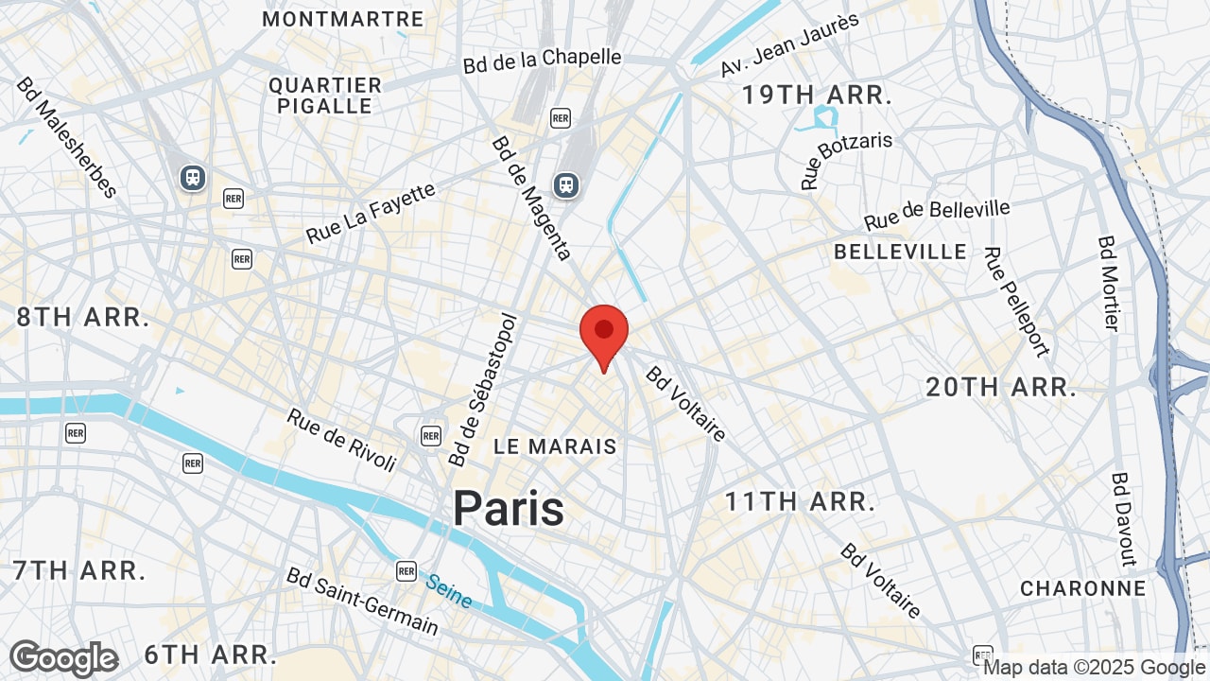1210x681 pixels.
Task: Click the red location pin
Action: click(604, 334)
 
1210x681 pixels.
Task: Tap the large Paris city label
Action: click(509, 508)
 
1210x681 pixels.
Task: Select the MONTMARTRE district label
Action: click(343, 19)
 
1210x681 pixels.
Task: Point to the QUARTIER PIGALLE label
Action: click(325, 96)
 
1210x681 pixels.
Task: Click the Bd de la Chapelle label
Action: click(543, 61)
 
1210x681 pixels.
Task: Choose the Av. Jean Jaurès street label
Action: click(789, 45)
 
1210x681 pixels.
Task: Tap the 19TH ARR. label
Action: click(817, 95)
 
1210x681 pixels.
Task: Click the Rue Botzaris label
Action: click(847, 161)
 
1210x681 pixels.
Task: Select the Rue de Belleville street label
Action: click(937, 215)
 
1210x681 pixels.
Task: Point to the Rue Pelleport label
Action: click(1016, 302)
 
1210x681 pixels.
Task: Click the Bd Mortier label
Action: click(1109, 283)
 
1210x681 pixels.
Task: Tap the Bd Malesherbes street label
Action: click(65, 137)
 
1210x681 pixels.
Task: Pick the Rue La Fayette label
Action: click(371, 213)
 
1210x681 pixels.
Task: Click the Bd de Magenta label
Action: click(530, 198)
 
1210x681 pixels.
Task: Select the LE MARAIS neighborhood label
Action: click(555, 446)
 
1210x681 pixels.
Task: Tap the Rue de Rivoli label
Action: click(341, 440)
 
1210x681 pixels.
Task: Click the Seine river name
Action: click(448, 591)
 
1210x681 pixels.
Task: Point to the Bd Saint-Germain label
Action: click(362, 602)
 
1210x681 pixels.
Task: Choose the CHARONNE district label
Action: click(1082, 588)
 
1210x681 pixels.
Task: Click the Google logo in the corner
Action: click(63, 658)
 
